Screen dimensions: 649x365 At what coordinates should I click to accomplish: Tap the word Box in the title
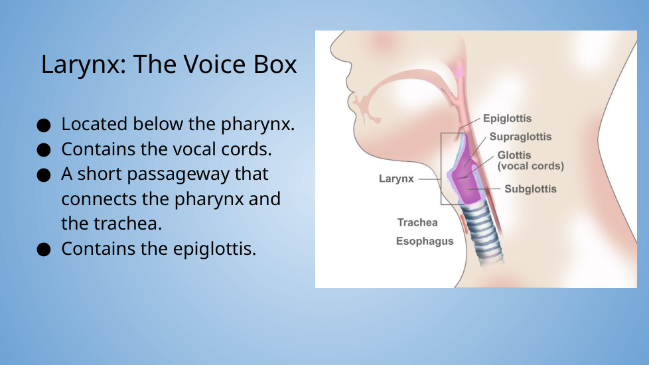pyautogui.click(x=275, y=64)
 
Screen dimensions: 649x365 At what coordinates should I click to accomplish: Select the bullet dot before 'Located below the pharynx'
pyautogui.click(x=43, y=125)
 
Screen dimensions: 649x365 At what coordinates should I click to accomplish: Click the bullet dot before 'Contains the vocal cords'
pyautogui.click(x=43, y=150)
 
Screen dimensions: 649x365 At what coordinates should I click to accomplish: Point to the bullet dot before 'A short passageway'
pyautogui.click(x=43, y=175)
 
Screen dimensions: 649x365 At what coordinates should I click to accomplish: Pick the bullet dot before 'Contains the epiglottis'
pyautogui.click(x=43, y=250)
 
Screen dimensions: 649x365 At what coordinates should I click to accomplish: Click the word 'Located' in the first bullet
pyautogui.click(x=94, y=123)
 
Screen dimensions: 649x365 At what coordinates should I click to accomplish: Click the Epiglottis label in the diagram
pyautogui.click(x=508, y=119)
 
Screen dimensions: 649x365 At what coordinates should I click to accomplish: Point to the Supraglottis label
pyautogui.click(x=520, y=137)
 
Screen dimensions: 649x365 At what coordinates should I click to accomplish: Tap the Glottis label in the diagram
pyautogui.click(x=514, y=155)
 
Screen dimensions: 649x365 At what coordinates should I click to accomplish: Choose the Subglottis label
pyautogui.click(x=530, y=189)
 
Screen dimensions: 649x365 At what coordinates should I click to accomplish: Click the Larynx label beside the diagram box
pyautogui.click(x=396, y=179)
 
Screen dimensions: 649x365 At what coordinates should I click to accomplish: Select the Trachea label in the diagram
pyautogui.click(x=417, y=222)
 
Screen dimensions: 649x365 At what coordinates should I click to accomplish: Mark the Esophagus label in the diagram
pyautogui.click(x=425, y=242)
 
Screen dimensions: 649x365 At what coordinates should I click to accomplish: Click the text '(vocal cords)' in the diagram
pyautogui.click(x=531, y=167)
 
